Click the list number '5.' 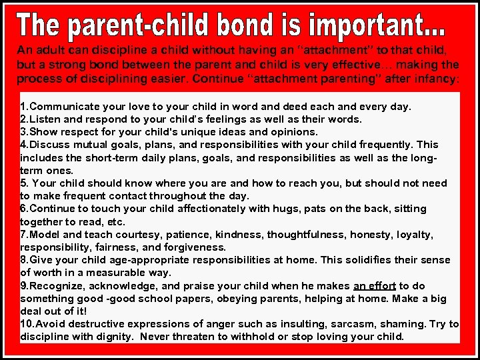coord(25,183)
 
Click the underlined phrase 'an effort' coord(375,285)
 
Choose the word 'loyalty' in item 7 coord(413,235)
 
